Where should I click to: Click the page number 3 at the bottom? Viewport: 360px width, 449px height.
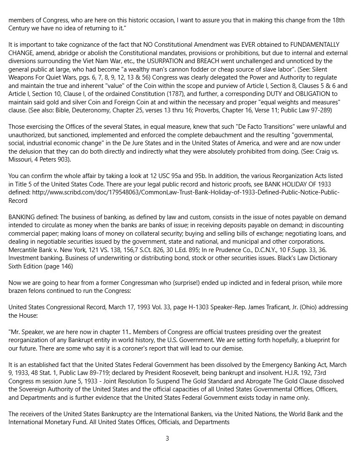click(x=167, y=438)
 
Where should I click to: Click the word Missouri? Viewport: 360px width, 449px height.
click(x=22, y=159)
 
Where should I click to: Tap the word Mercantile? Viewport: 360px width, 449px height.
click(x=24, y=250)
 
